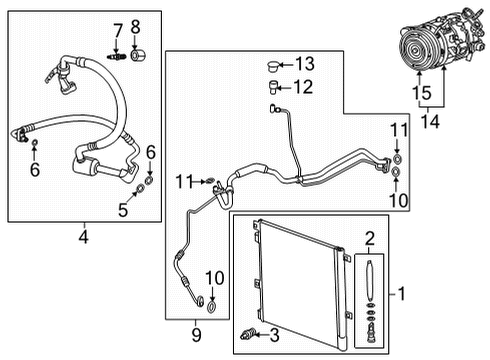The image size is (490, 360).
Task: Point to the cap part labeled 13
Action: pos(270,66)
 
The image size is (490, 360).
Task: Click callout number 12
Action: pos(303,87)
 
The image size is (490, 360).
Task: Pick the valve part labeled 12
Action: pos(271,87)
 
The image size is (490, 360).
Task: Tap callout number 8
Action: pos(136,27)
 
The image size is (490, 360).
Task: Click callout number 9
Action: pos(196,331)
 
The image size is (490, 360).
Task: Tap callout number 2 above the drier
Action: pos(369,239)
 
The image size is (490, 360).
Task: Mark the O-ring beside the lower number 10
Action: pos(205,298)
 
